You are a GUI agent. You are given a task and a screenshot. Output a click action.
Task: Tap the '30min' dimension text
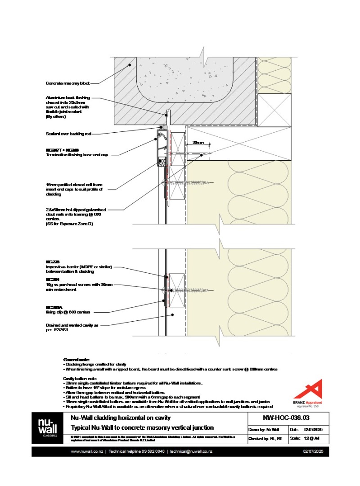tap(198, 143)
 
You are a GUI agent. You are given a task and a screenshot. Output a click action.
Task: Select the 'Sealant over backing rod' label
tap(72, 134)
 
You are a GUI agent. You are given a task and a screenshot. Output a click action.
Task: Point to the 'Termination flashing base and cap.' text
tap(77, 155)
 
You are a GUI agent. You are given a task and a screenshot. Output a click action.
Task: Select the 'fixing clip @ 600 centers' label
tap(68, 312)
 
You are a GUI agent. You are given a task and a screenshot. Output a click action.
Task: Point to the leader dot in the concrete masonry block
tap(130, 65)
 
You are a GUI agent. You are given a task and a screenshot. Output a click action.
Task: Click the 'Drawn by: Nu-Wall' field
tap(266, 429)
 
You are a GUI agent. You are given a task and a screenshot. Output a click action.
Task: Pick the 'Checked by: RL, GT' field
tap(267, 438)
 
